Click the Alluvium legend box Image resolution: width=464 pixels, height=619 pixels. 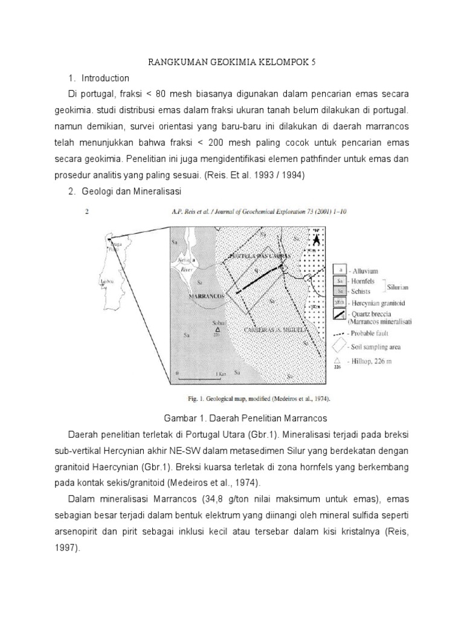pos(340,270)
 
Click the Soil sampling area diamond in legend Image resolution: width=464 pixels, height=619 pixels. pos(340,346)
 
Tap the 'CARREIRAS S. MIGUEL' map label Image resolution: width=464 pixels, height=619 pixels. pos(277,330)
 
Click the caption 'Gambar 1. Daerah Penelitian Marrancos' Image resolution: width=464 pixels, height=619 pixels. pos(245,418)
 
